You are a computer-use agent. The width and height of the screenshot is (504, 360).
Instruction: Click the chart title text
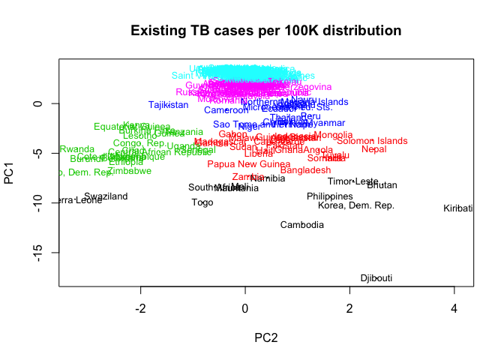(266, 31)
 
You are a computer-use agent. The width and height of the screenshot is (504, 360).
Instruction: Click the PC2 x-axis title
(265, 337)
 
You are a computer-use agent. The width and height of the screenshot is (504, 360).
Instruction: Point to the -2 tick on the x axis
(140, 308)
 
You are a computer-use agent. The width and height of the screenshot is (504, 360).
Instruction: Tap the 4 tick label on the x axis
(454, 308)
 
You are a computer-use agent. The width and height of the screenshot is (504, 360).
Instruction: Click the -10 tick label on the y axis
(38, 203)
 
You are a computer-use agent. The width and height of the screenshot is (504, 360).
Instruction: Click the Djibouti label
(376, 278)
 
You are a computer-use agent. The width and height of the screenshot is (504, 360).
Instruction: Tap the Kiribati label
(457, 208)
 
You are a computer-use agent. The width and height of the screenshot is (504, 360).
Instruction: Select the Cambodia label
(302, 225)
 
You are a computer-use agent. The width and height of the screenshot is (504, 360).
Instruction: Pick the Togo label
(202, 202)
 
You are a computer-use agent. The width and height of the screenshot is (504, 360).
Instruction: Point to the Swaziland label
(106, 196)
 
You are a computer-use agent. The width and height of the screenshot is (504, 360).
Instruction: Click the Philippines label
(329, 196)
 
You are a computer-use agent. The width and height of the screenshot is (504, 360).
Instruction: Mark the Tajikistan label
(168, 105)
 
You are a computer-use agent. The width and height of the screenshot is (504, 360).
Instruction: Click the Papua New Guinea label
(248, 164)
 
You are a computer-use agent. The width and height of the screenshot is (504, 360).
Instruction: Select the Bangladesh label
(305, 171)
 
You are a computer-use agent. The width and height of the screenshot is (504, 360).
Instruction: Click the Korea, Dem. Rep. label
(356, 205)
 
